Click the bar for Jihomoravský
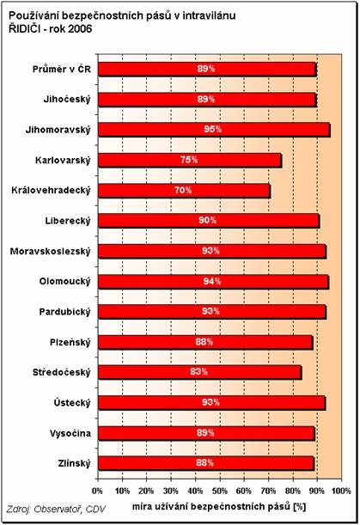[x=214, y=130]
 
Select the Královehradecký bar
[x=184, y=191]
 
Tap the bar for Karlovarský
[x=190, y=160]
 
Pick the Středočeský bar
[x=200, y=372]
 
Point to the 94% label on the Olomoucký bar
[x=211, y=281]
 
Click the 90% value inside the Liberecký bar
[x=207, y=220]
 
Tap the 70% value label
[x=183, y=190]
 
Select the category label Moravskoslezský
[x=50, y=252]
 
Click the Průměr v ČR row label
[x=62, y=70]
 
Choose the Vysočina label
[x=70, y=433]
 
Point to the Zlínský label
[x=74, y=464]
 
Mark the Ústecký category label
[x=72, y=403]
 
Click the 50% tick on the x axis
[x=220, y=491]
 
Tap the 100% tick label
[x=341, y=491]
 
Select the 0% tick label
[x=97, y=491]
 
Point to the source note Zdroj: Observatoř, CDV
[x=56, y=510]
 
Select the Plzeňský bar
[x=205, y=342]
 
